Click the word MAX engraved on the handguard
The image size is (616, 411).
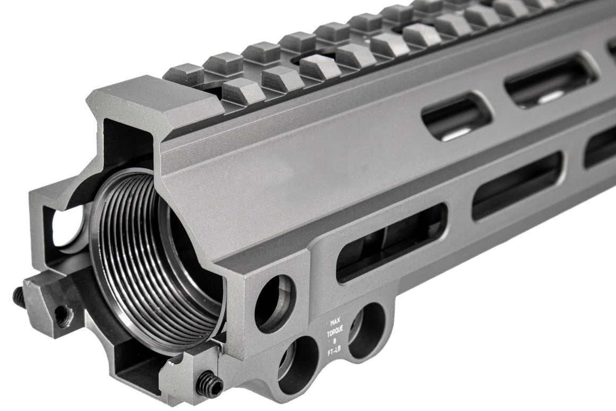[335, 322]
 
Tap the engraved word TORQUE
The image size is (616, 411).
[335, 329]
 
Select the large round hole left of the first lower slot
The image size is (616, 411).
[275, 304]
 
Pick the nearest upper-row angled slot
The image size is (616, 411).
[457, 118]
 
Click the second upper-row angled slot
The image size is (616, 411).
[550, 80]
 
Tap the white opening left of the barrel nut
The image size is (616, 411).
[68, 226]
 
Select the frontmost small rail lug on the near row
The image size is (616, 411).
[242, 91]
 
